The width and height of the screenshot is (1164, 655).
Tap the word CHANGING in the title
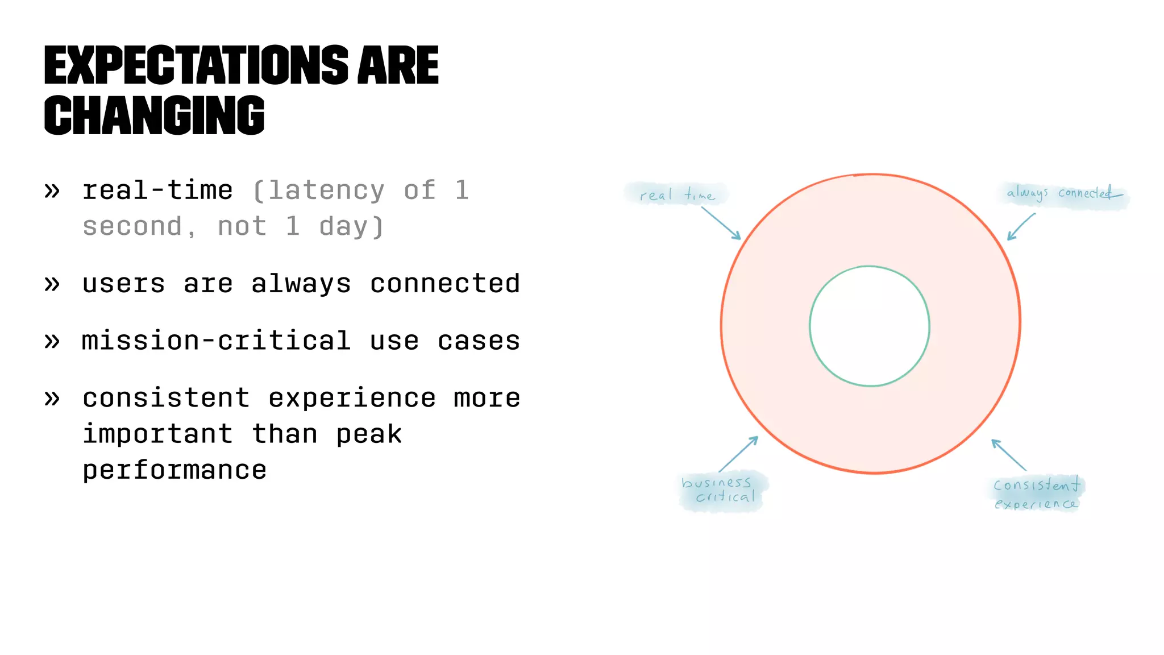[154, 115]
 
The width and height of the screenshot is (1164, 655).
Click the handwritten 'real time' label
[676, 195]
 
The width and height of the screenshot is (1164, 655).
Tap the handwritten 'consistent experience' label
[1036, 494]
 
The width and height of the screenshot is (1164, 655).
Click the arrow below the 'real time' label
[721, 223]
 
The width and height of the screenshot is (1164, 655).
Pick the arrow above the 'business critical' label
[738, 454]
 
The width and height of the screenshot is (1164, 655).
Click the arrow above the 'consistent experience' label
[1009, 454]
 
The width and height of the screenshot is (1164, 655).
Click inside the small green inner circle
[869, 326]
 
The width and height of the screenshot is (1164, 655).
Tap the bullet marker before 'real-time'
[52, 191]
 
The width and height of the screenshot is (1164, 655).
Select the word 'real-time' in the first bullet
[157, 190]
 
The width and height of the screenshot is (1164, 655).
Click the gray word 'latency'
[326, 190]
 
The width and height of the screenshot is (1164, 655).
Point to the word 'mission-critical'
[216, 341]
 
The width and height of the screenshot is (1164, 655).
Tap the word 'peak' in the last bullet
[369, 434]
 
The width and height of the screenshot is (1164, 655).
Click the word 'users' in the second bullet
[123, 284]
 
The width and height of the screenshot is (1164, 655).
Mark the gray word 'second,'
[139, 227]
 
